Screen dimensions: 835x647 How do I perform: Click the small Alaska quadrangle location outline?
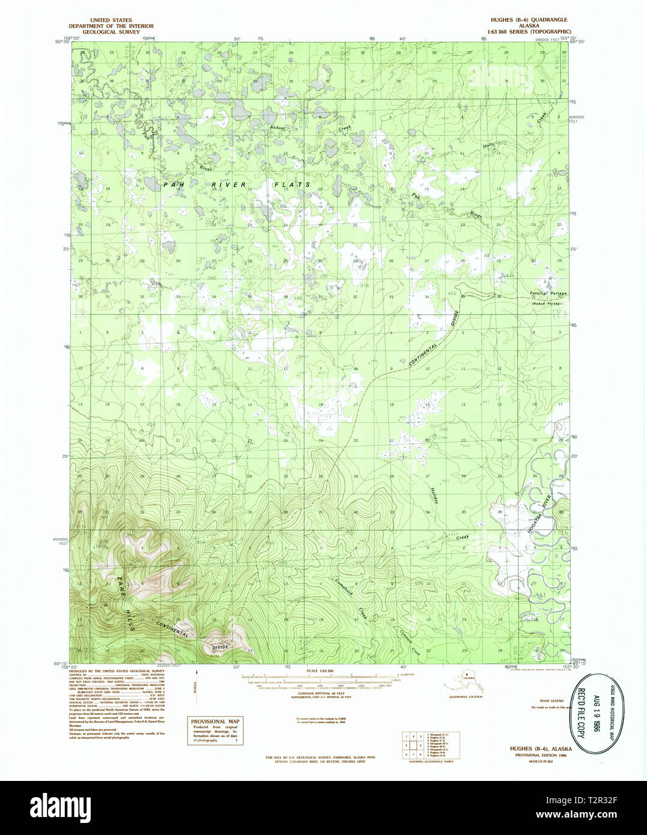pos(464,681)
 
